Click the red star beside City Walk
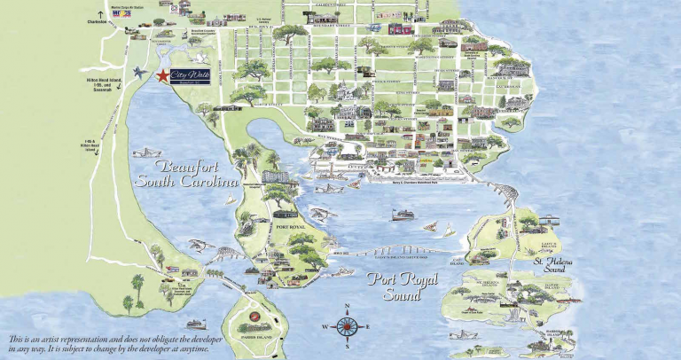(162, 77)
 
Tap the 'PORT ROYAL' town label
(291, 227)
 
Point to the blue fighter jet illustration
(139, 71)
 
